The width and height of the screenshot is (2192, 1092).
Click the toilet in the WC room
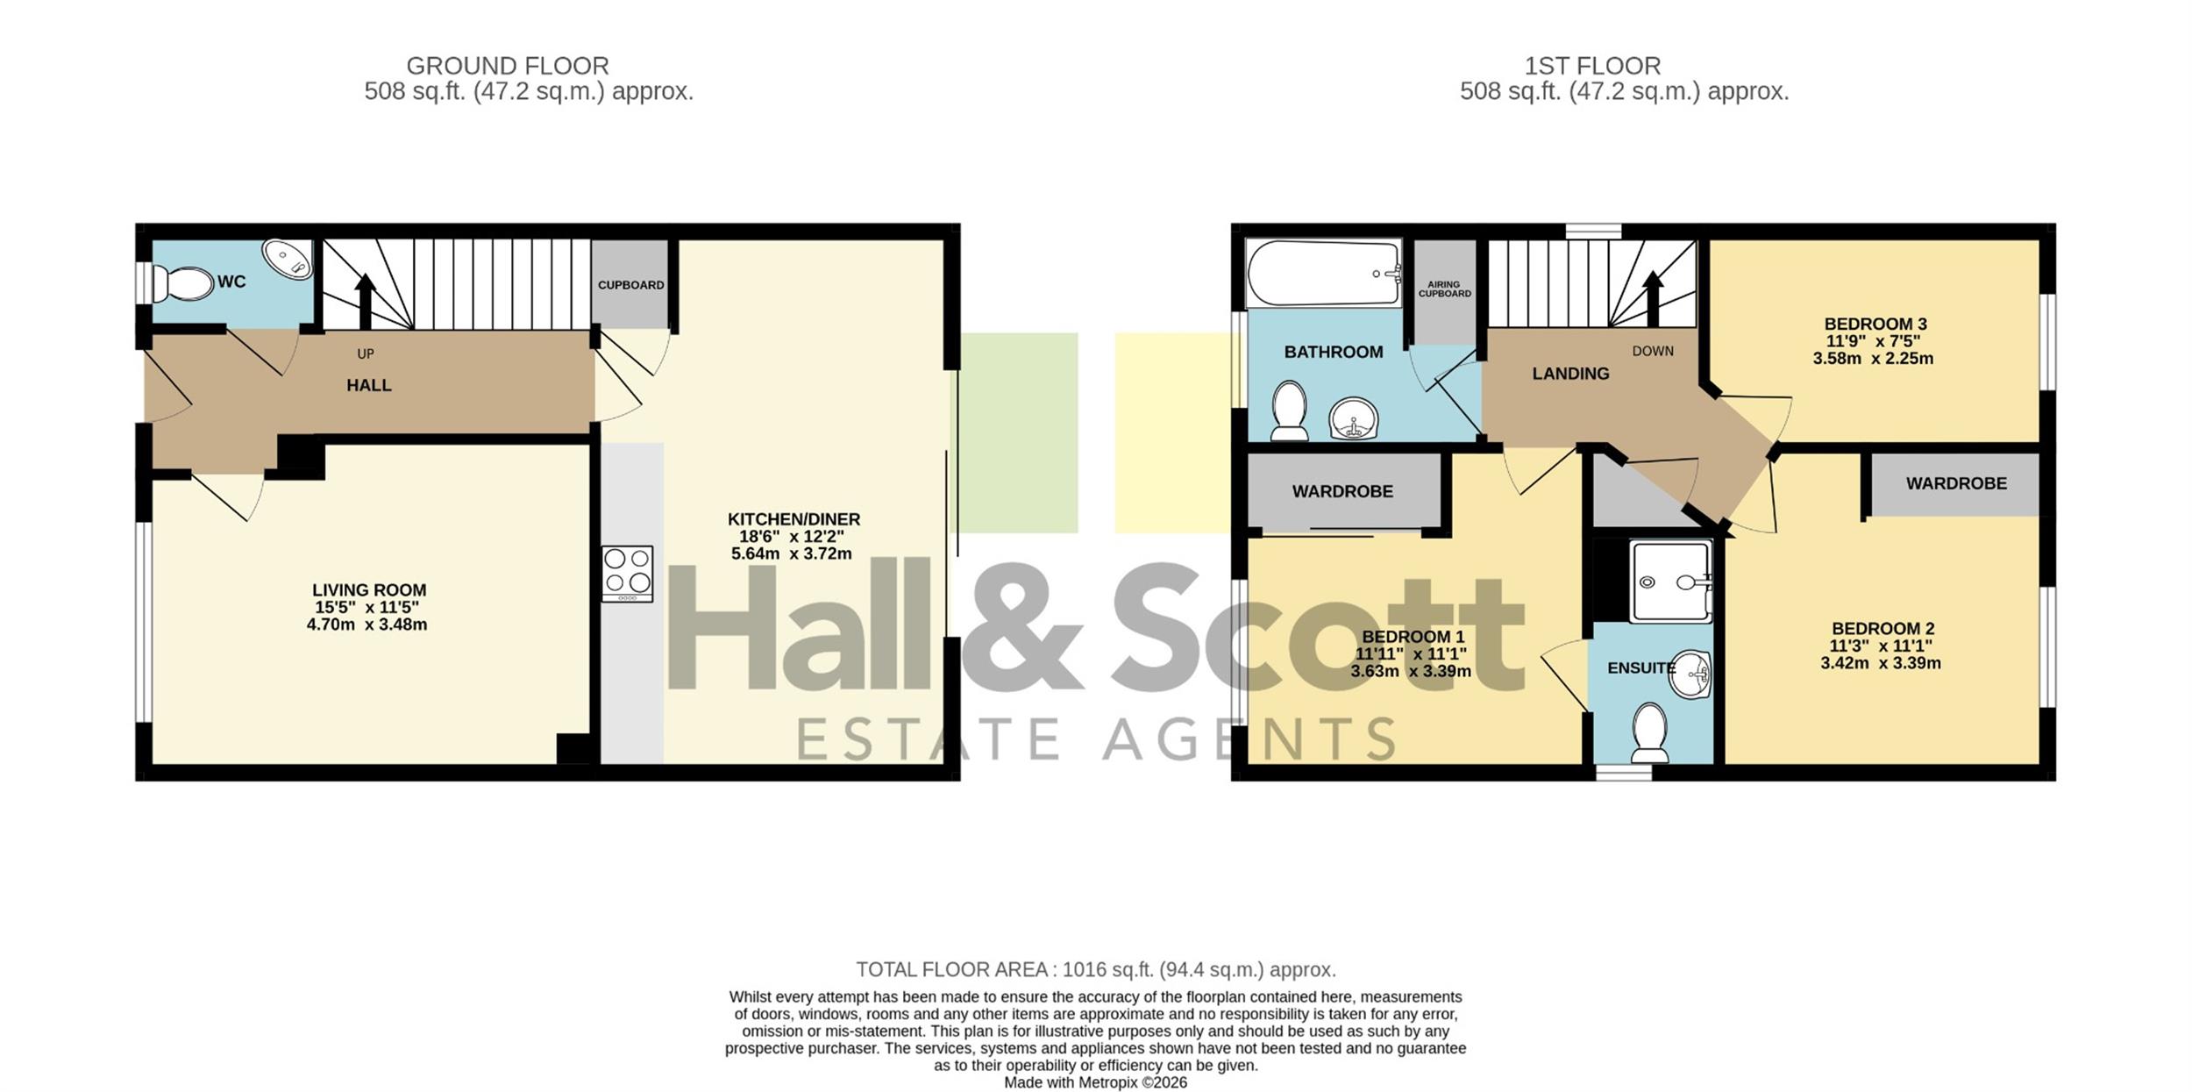pyautogui.click(x=182, y=283)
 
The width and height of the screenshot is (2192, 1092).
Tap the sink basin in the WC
pyautogui.click(x=288, y=260)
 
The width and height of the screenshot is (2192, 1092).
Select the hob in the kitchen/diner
pyautogui.click(x=627, y=574)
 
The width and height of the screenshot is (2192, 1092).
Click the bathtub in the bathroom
pyautogui.click(x=1324, y=273)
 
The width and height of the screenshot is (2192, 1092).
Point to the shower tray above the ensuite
pyautogui.click(x=1670, y=581)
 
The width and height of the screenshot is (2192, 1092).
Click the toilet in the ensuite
pyautogui.click(x=1650, y=732)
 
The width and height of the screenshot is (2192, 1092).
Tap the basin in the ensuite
pyautogui.click(x=1690, y=674)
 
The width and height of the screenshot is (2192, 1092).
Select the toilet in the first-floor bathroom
pyautogui.click(x=1290, y=410)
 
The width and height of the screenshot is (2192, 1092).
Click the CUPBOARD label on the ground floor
pyautogui.click(x=630, y=285)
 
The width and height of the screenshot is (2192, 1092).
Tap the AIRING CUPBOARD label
pyautogui.click(x=1444, y=289)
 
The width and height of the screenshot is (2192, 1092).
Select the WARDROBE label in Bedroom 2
pyautogui.click(x=1956, y=483)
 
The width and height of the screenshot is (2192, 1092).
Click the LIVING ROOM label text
pyautogui.click(x=369, y=590)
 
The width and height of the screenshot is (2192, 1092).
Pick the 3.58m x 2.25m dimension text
pyautogui.click(x=1873, y=358)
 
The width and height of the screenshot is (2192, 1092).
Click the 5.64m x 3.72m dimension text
pyautogui.click(x=792, y=553)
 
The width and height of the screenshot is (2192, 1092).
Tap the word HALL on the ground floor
pyautogui.click(x=369, y=385)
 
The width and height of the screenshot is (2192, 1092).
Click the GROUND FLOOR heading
pyautogui.click(x=508, y=66)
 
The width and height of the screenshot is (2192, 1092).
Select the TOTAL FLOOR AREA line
pyautogui.click(x=1096, y=969)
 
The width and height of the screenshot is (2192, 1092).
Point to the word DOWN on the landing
pyautogui.click(x=1653, y=351)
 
